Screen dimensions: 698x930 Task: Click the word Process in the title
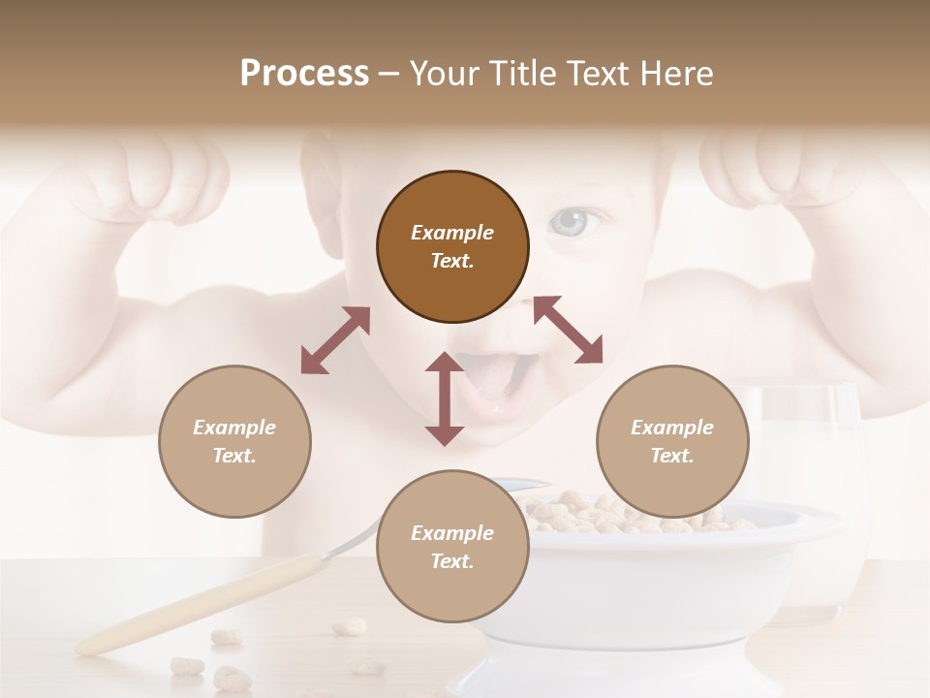pos(304,74)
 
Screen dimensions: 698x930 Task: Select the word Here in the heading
pos(676,74)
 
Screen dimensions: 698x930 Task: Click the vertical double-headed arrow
pos(445,398)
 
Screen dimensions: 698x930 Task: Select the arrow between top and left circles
pos(335,340)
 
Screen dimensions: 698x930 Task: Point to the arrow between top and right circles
pos(568,330)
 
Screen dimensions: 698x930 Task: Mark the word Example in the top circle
pos(452,233)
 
